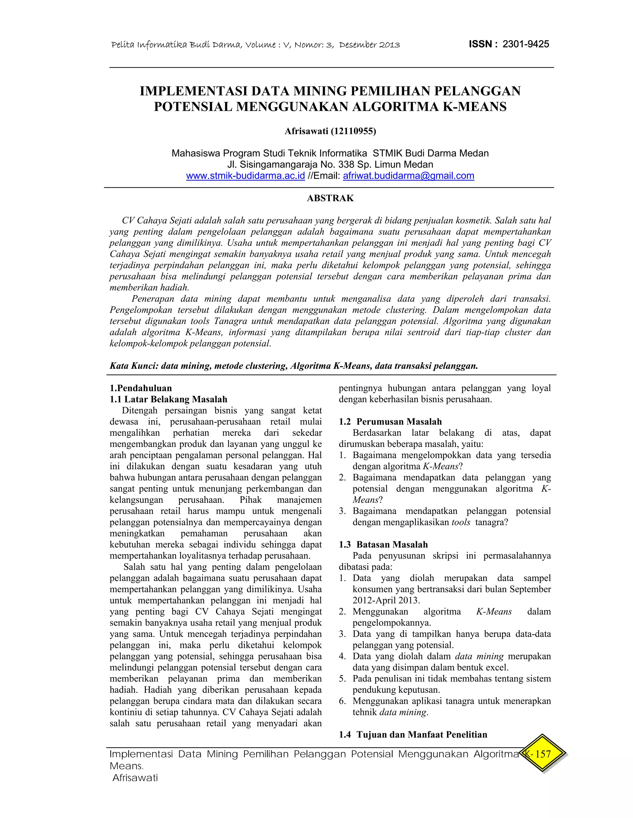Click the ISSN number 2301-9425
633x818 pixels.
pos(525,44)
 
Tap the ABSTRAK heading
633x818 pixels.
pos(330,198)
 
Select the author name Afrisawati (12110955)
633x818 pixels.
pos(330,131)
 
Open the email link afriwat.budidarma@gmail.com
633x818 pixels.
pos(408,176)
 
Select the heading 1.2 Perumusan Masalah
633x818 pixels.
pos(390,422)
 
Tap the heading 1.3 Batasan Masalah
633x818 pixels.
pos(383,545)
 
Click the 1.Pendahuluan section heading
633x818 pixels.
pos(141,388)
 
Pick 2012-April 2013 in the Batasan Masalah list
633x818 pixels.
pos(386,600)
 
